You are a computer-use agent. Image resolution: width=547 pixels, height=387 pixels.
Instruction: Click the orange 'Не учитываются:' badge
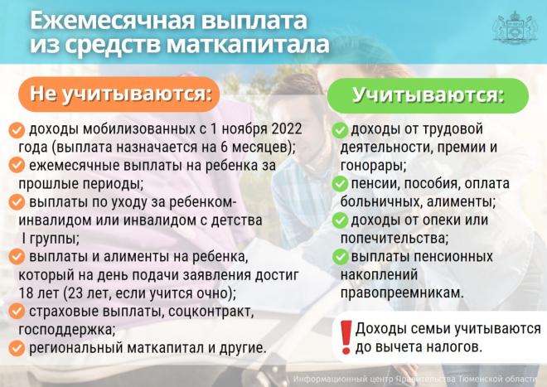tap(119, 94)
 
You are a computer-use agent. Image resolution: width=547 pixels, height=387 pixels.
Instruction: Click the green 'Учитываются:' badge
tap(428, 95)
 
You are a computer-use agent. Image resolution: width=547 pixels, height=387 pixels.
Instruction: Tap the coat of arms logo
tap(515, 28)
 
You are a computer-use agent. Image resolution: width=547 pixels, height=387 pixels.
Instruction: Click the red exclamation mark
tap(346, 337)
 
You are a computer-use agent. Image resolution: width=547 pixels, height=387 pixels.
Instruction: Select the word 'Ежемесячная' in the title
tap(113, 21)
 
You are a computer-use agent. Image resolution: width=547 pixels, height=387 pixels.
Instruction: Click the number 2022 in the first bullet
tap(287, 128)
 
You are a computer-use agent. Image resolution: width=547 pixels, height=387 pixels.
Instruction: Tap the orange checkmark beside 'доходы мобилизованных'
tap(17, 130)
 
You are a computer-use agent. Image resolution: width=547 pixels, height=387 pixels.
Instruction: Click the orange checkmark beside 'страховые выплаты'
tap(17, 312)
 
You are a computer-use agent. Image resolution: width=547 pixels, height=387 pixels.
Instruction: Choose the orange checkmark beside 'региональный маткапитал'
tap(17, 348)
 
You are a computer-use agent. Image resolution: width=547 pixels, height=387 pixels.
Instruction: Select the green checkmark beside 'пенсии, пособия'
tap(340, 184)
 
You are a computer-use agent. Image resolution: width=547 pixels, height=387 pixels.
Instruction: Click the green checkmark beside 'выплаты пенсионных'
tap(340, 258)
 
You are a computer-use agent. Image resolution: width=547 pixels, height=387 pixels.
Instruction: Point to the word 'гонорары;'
tap(373, 166)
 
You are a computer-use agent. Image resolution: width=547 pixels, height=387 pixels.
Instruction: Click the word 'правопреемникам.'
tap(402, 293)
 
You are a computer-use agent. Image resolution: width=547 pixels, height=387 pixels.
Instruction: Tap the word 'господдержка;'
tap(66, 330)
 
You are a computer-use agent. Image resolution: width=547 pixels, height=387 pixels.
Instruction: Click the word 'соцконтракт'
tap(210, 312)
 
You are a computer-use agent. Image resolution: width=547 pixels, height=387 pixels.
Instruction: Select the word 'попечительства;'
tap(395, 239)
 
